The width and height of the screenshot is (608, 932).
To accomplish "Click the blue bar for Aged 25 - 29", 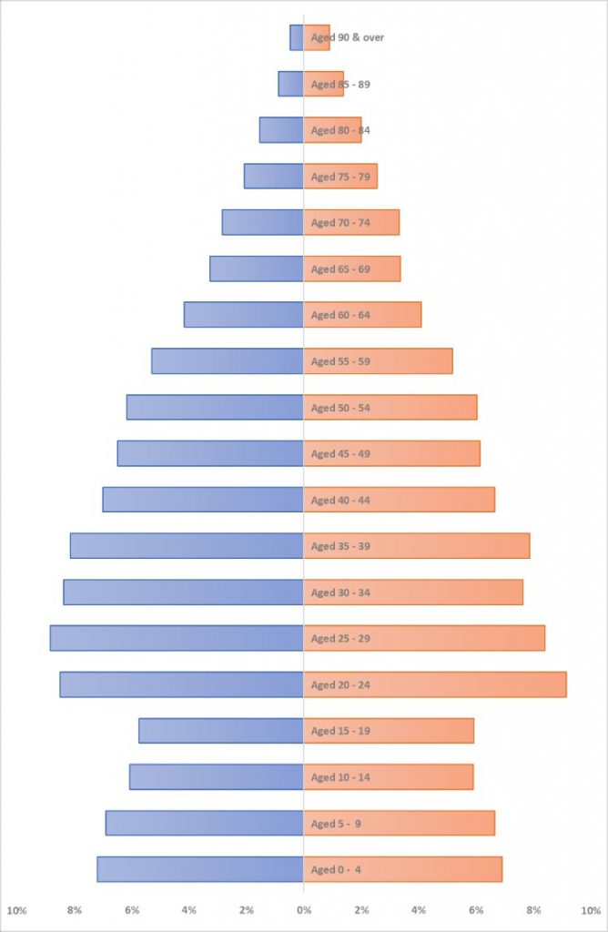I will [177, 638].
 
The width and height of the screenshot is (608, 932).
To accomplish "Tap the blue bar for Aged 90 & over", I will [296, 37].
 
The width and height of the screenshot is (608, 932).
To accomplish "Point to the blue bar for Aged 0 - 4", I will [200, 869].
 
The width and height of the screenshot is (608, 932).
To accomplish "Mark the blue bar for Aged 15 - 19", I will [221, 731].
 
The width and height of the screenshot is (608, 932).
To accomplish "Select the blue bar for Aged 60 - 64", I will [243, 315].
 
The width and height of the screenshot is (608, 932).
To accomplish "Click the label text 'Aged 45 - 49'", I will [340, 454].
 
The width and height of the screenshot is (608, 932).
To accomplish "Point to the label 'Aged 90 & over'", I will [348, 37].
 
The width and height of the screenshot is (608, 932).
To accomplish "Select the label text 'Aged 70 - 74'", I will [340, 223].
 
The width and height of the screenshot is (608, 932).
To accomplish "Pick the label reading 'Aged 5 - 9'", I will [336, 825].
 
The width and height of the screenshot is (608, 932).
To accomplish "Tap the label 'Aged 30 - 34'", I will [340, 593].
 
